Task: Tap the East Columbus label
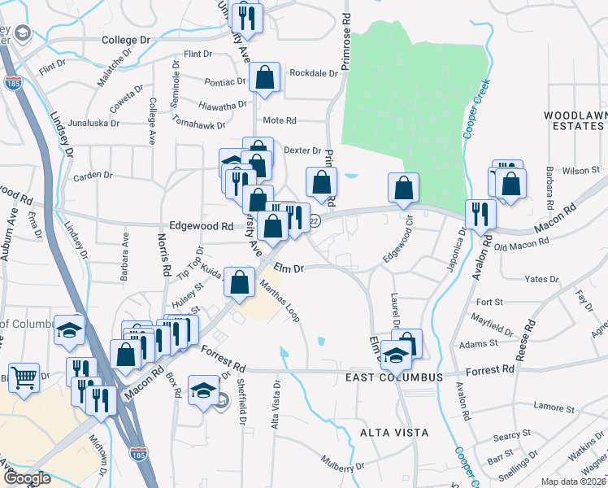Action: (394, 377)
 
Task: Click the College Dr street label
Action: (127, 39)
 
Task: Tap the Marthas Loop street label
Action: (280, 301)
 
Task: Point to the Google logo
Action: (27, 479)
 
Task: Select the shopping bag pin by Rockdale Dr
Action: (265, 78)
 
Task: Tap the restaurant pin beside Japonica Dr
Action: (480, 214)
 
